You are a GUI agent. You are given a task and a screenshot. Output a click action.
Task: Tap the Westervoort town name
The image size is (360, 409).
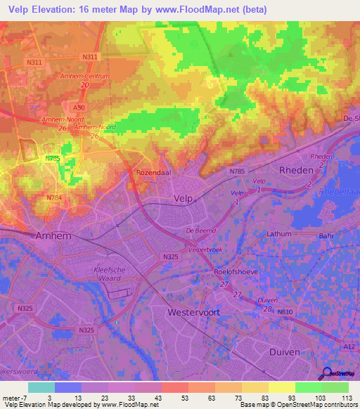pos(193,311)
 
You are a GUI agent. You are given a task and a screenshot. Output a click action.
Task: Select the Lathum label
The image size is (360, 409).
pos(278,233)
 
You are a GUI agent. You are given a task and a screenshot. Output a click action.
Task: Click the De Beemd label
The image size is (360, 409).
pos(199,231)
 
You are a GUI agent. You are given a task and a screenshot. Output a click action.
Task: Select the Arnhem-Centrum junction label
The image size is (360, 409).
pos(85,75)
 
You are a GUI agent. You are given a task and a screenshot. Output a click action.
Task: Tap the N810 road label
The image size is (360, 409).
pos(285,311)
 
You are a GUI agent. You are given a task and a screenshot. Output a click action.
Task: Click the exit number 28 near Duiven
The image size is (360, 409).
pos(266,309)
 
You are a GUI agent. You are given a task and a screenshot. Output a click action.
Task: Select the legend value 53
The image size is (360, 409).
pos(173,398)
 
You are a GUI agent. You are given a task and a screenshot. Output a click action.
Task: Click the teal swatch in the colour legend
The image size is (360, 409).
pos(41,387)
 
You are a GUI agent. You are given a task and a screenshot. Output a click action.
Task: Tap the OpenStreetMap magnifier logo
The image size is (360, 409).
pos(327,375)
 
